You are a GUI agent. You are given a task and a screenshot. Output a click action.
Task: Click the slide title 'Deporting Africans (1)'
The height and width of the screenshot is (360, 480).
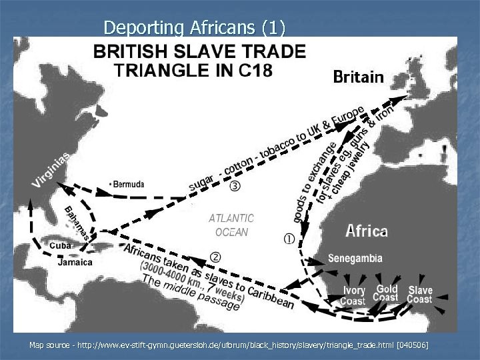[194, 27]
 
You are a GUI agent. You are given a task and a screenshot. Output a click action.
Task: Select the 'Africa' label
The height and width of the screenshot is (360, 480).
[367, 231]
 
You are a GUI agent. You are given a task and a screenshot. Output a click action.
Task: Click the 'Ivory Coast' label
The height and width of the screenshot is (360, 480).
[353, 295]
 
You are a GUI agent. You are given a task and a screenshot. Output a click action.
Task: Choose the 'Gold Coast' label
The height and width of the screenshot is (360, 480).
[387, 293]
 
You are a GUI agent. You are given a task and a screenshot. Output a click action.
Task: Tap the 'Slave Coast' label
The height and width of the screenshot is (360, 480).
[420, 295]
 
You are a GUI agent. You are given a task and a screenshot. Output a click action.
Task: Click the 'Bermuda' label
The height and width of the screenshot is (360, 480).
[128, 184]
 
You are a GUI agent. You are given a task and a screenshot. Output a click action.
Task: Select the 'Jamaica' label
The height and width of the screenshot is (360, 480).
[75, 262]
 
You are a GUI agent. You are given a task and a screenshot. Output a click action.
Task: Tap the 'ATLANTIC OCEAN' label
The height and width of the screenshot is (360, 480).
[231, 225]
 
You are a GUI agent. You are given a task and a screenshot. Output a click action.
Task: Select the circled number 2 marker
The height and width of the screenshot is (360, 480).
[215, 257]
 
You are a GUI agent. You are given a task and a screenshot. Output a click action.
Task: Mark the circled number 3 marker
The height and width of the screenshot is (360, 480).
[235, 185]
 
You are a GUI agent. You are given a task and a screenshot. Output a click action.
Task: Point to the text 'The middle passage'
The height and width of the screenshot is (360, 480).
[190, 294]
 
